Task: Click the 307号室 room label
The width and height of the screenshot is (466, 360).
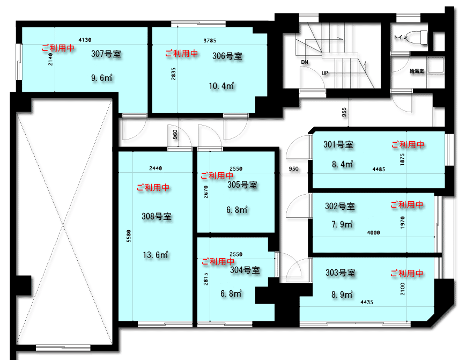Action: click(x=106, y=54)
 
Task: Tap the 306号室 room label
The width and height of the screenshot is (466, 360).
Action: click(x=227, y=56)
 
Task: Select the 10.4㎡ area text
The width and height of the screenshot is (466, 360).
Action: click(x=221, y=86)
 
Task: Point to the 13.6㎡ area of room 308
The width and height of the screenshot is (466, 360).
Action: click(x=156, y=255)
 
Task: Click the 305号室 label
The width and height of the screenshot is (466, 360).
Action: click(x=242, y=185)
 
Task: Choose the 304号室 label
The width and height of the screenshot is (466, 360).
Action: click(x=245, y=270)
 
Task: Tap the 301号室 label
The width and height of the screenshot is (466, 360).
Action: click(x=338, y=144)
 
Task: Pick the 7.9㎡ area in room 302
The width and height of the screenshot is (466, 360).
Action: click(x=342, y=224)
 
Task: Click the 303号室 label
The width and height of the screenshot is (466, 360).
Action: click(x=341, y=273)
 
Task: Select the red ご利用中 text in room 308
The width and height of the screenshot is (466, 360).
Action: click(x=153, y=188)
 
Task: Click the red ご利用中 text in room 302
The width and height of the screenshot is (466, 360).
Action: click(x=407, y=204)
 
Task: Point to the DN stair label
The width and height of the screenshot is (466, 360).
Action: click(x=305, y=62)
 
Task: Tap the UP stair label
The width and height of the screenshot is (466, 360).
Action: click(x=325, y=73)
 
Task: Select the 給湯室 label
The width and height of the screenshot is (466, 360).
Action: click(x=417, y=71)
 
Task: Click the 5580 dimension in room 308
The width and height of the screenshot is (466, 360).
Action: click(x=129, y=236)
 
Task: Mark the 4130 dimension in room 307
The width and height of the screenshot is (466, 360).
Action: click(x=85, y=40)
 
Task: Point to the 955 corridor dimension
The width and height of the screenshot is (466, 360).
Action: click(x=344, y=112)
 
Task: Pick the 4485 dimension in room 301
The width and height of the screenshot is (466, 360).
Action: click(x=379, y=169)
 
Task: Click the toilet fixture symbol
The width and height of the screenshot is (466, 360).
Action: click(x=419, y=37)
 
